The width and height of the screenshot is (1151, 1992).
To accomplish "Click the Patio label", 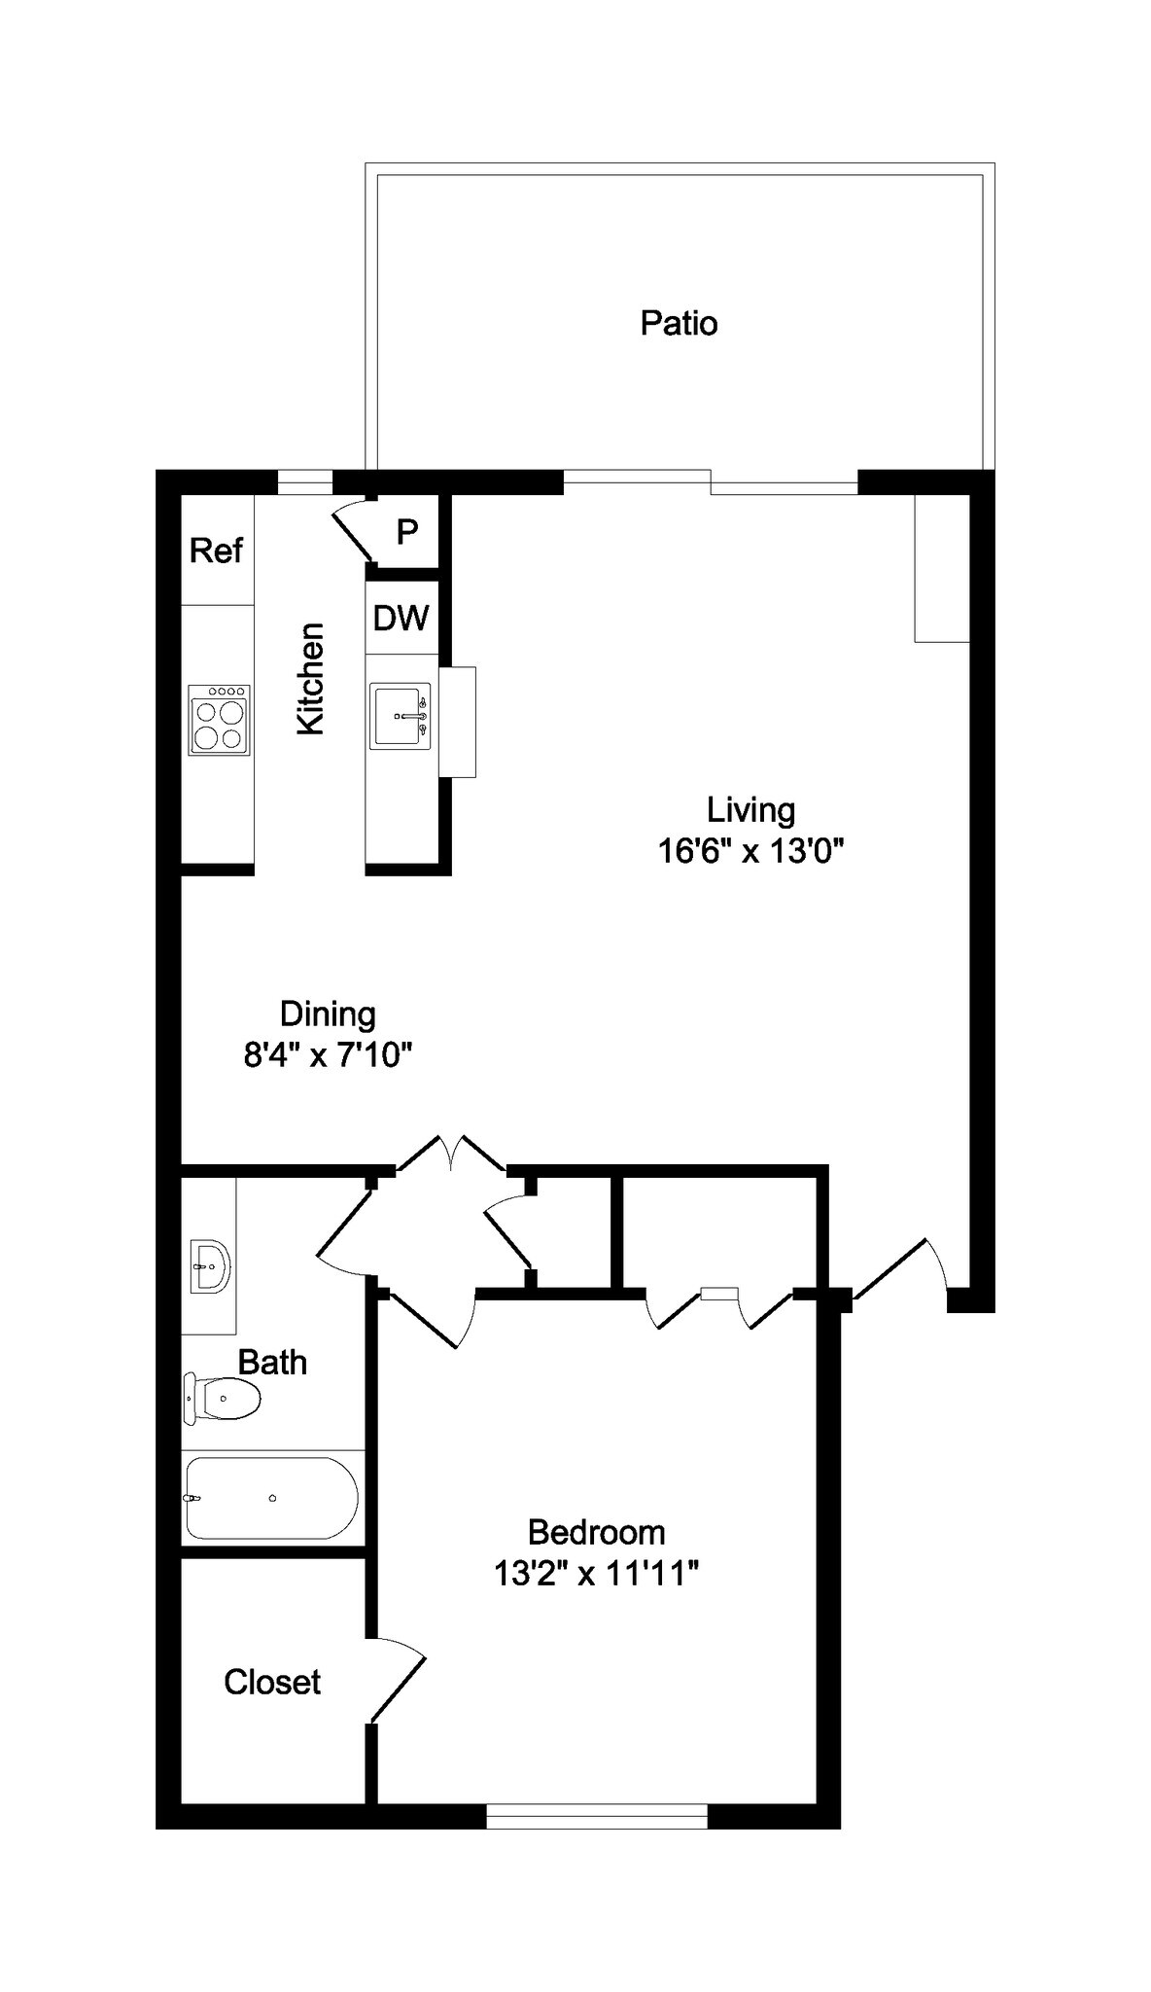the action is pos(679,323).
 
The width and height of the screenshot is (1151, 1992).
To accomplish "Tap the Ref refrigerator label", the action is pos(216,551).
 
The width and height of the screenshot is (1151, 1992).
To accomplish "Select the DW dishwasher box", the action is pos(401,618).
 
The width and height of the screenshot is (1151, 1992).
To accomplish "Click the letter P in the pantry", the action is pos(407,532).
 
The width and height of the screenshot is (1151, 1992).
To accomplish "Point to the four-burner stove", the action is pos(220,720).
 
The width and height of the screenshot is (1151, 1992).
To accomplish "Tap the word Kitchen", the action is pos(310,679).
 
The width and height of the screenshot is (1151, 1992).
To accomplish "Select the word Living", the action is pos(750,809).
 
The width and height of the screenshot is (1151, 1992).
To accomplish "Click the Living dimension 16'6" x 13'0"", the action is pos(750,851).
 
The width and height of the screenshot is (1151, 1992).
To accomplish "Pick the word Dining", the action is pos(328,1014).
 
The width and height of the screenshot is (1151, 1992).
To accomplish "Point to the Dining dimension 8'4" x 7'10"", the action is pos(329,1054).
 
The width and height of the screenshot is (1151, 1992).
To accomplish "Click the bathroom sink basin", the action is pos(210,1266).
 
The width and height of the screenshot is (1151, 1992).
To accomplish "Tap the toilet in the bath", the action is pos(223,1400).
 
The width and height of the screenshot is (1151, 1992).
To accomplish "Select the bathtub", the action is pos(272,1498).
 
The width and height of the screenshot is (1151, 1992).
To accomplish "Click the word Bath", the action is pos(272,1363).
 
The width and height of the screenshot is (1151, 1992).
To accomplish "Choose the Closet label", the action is pos(272,1682).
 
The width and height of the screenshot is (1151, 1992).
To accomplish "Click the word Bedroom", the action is pos(596,1532).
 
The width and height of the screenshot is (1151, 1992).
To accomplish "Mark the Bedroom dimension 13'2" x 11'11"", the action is pos(596,1574).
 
